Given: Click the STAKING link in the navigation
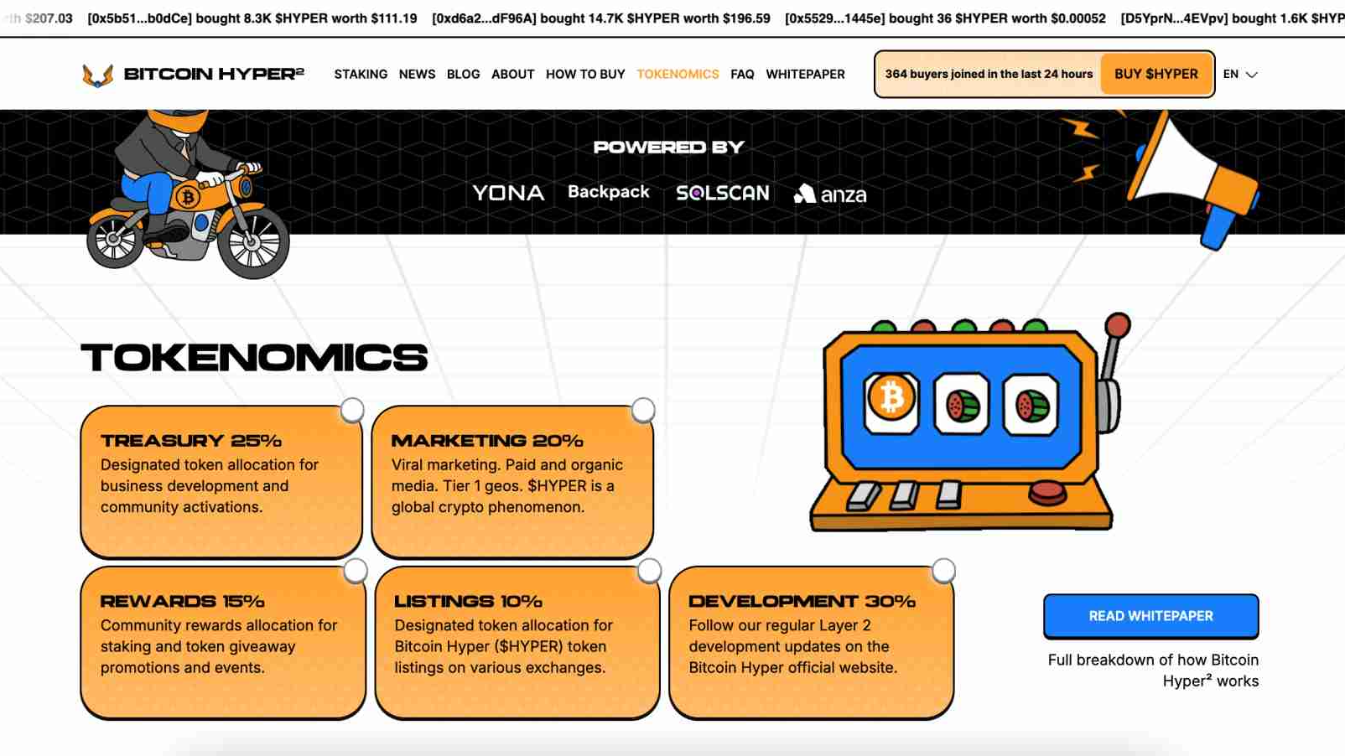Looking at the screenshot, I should (361, 74).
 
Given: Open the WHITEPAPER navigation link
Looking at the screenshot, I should (805, 74).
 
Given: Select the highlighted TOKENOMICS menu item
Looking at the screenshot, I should (678, 74).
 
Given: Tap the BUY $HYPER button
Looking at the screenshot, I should (1155, 74).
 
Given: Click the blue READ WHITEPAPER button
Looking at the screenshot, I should (1150, 616).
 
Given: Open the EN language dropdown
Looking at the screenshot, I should (1240, 74).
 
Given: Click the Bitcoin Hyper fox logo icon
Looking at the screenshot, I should (97, 75).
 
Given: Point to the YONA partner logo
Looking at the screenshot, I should (508, 193).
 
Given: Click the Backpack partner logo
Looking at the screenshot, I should (608, 192).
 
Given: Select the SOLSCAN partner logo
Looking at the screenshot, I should (722, 193).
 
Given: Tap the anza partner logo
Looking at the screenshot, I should (830, 194).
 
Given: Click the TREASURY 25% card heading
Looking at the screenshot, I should (191, 441).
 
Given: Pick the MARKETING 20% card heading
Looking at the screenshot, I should (486, 441).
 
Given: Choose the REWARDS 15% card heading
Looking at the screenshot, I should (182, 601).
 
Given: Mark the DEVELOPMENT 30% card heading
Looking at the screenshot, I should (802, 601).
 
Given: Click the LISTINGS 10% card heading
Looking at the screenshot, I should (468, 601).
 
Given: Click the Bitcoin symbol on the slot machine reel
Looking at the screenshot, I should (891, 397).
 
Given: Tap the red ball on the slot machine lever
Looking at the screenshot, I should (1118, 324).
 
